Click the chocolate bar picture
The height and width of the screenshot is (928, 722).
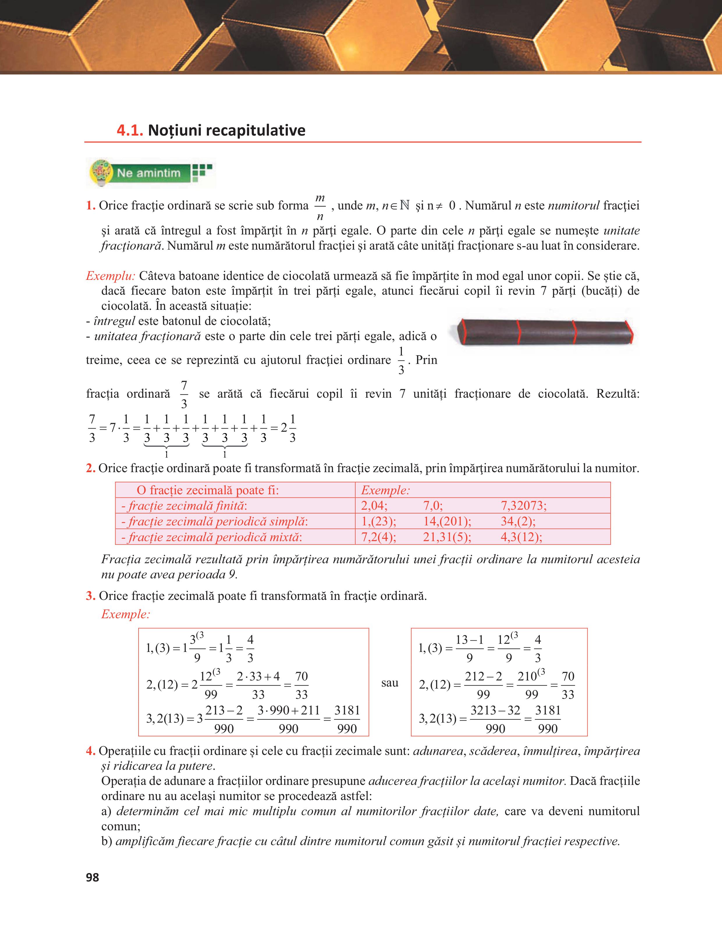click(543, 332)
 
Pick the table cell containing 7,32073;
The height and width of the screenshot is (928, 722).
click(524, 506)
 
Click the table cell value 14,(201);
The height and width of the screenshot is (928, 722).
click(447, 521)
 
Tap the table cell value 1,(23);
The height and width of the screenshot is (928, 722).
click(379, 521)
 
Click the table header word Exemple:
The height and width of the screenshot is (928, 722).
click(385, 490)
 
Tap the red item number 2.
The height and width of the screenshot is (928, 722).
click(90, 468)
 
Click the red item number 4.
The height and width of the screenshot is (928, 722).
click(90, 751)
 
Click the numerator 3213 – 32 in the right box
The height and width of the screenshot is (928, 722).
click(495, 710)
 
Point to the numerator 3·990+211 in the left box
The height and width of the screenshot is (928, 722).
click(289, 710)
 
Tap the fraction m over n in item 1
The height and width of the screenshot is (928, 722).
click(320, 207)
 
